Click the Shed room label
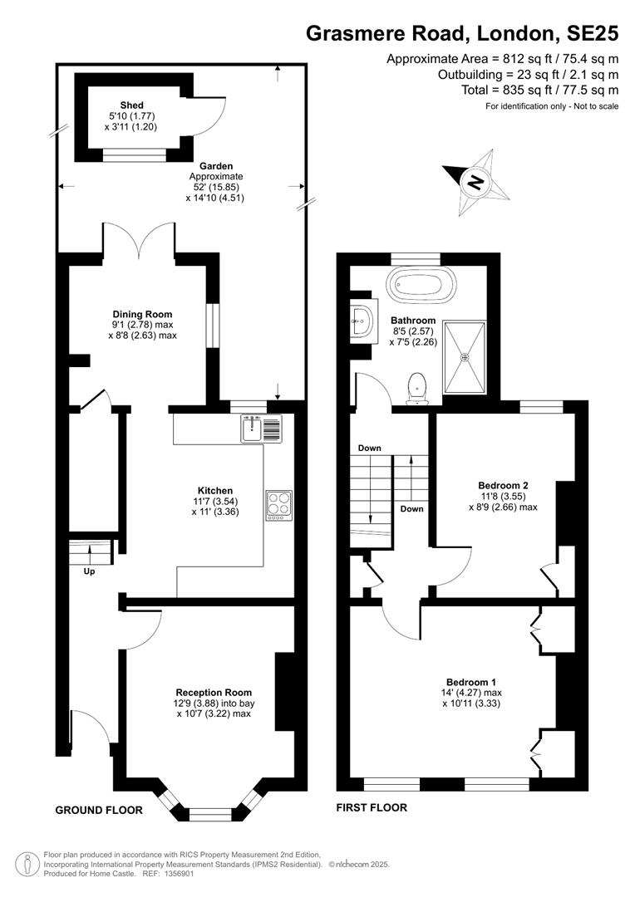coord(131,105)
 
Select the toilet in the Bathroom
coord(418,389)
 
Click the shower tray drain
coord(465,357)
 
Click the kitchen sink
coord(262,429)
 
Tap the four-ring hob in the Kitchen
coord(278,506)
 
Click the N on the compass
coord(475,183)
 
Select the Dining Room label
coord(143,314)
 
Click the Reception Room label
coord(214,693)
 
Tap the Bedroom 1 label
coord(471,683)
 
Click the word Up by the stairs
coord(89,571)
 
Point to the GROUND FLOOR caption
coord(99,810)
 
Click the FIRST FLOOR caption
coord(372,808)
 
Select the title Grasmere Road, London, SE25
coord(462,34)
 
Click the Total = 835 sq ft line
coord(540,90)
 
